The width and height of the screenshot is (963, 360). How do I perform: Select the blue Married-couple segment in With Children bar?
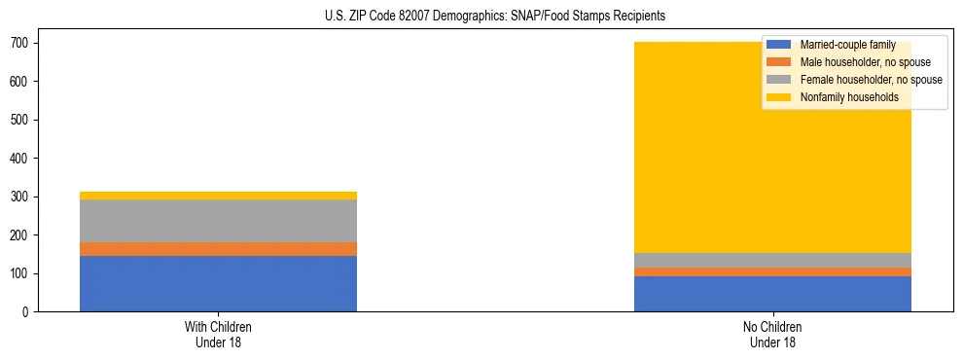(218, 283)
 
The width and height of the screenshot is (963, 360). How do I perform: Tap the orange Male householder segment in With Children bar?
(218, 249)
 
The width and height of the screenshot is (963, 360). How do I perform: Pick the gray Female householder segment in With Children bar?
(218, 221)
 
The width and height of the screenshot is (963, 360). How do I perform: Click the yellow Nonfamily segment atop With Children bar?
(218, 196)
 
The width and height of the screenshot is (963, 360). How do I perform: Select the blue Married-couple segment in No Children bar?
(772, 294)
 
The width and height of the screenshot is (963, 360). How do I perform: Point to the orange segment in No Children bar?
(772, 271)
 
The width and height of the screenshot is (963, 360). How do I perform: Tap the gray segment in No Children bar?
(772, 260)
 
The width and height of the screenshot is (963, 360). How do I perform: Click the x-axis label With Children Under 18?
(218, 334)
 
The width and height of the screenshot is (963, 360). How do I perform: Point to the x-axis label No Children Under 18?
(772, 334)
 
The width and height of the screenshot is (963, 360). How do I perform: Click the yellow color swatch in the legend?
(779, 97)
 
